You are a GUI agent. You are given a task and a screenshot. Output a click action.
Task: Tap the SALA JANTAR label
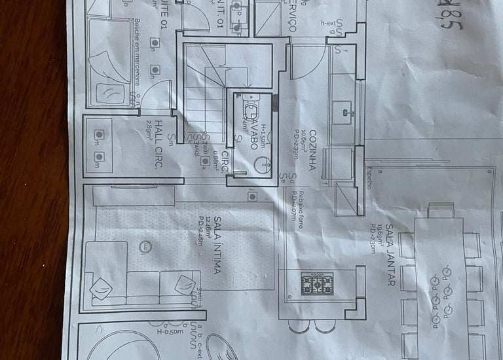[390, 255]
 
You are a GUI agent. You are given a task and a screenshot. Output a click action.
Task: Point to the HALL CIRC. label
[158, 143]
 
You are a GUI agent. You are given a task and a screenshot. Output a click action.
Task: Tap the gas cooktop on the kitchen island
[317, 283]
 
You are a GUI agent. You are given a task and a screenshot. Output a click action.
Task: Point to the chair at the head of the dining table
[441, 210]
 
